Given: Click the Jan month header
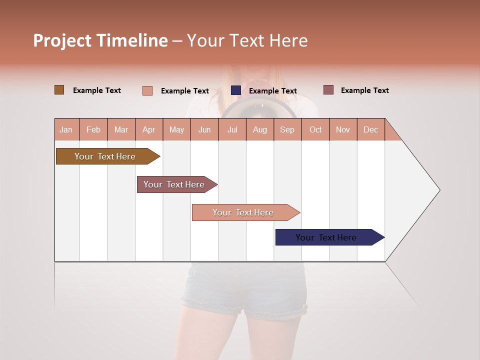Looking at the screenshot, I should point(66,129).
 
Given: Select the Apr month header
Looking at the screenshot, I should point(149,129).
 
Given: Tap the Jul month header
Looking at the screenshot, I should point(232,129).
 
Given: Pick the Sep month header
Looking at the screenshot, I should point(287,129).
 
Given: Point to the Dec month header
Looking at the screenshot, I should point(370,129).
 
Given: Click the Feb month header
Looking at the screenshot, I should point(93,129).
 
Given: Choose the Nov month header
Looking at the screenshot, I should point(343,129).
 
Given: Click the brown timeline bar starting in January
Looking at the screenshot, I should point(105,156).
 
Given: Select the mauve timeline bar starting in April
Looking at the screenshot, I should point(174,184).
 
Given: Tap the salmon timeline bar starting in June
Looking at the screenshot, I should point(243,212).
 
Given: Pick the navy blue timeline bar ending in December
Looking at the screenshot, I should point(326,237).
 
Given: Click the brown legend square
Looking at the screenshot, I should point(59,90).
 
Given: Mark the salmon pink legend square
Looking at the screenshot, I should point(147,90).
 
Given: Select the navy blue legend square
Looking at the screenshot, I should point(236,90).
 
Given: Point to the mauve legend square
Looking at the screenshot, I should point(328,90).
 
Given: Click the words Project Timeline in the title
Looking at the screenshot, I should point(100,40).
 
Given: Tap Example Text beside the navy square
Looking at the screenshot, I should point(272,91).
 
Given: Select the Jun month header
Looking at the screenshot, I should point(204,129).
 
